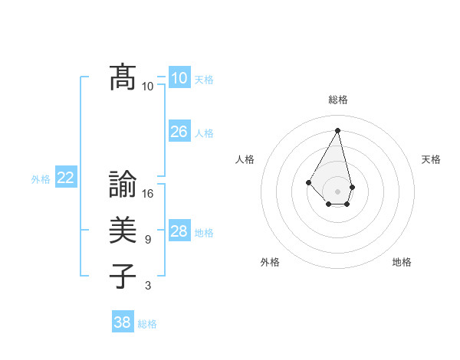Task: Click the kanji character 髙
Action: click(x=123, y=77)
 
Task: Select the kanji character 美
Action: click(x=123, y=230)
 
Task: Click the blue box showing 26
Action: click(x=179, y=132)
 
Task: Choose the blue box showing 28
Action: click(x=179, y=231)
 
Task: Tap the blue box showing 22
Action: click(x=66, y=178)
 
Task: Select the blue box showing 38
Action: click(x=123, y=322)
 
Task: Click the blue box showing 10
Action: click(x=179, y=78)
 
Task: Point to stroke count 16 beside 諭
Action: click(x=149, y=194)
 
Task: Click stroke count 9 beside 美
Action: click(x=148, y=240)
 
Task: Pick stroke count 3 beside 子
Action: click(x=148, y=286)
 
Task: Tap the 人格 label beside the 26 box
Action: click(x=204, y=133)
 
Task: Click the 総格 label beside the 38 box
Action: click(x=147, y=324)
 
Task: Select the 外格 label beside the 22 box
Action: click(x=41, y=179)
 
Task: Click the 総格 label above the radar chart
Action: click(x=338, y=100)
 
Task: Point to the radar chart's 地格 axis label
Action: click(x=402, y=262)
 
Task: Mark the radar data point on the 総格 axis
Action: click(x=338, y=130)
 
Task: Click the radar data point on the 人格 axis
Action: click(x=308, y=182)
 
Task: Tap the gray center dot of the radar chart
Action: click(x=338, y=191)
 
